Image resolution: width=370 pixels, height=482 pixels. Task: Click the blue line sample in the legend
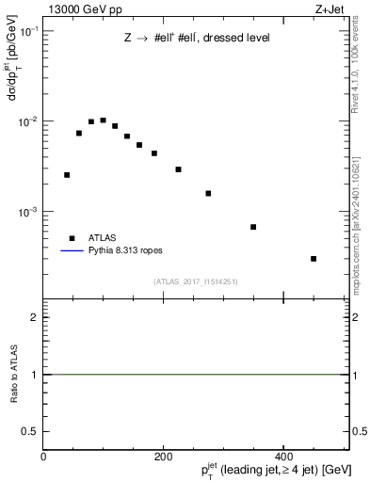72,252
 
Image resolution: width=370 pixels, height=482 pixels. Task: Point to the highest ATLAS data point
103,120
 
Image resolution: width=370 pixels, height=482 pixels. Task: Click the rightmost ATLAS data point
314,259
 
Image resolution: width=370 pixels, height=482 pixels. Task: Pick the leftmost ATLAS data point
67,175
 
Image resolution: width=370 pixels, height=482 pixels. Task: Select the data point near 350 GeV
253,227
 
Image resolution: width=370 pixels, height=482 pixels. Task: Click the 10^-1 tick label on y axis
27,32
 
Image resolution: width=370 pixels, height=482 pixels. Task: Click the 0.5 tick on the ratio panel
32,431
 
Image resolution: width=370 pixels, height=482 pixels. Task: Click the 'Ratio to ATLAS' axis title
14,375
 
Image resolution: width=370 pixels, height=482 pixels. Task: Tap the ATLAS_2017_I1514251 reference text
197,281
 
